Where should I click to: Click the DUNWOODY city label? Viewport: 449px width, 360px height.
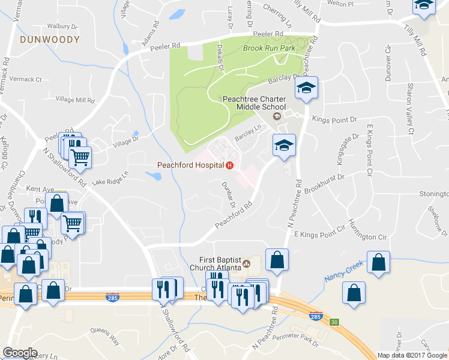[49, 40]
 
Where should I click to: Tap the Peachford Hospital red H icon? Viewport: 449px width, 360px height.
[229, 165]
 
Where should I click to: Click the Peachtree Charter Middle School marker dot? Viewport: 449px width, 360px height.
[277, 116]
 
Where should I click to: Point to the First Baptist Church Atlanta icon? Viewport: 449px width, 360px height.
[246, 263]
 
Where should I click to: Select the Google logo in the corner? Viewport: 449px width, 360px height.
[20, 353]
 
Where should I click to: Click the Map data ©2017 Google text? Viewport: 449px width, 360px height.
[412, 355]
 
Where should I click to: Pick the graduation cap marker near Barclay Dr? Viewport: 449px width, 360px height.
[306, 89]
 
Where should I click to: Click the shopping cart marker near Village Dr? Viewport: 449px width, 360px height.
[80, 158]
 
